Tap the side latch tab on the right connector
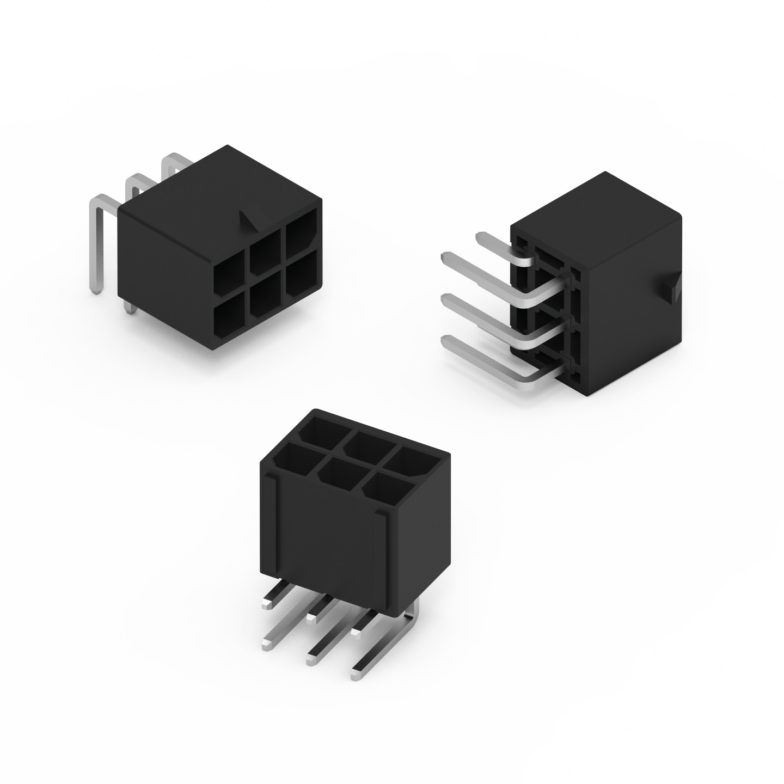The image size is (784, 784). (672, 287)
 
